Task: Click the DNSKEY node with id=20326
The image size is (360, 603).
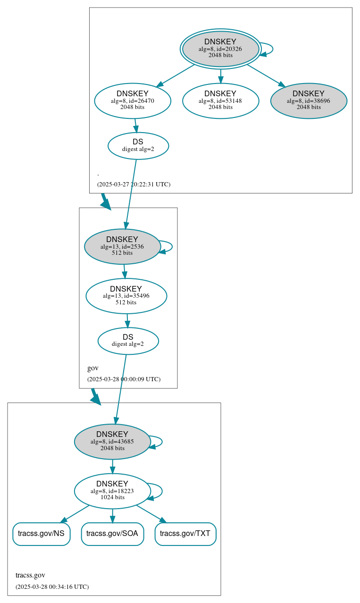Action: (220, 49)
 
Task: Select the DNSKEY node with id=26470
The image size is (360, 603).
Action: (133, 100)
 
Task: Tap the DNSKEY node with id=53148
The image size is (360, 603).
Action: (220, 100)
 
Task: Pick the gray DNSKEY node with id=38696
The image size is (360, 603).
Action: (309, 100)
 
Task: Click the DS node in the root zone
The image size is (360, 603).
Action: (138, 145)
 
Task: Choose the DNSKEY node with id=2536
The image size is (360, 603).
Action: (122, 246)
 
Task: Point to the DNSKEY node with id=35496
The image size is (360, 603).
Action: (126, 296)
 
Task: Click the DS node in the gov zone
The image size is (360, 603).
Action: (128, 341)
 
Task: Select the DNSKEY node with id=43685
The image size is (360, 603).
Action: (112, 441)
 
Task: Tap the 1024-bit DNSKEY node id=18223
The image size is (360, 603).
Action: (112, 491)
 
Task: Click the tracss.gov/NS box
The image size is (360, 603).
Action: (42, 534)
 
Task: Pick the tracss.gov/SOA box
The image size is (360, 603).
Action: (112, 534)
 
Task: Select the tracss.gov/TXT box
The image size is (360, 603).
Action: (185, 534)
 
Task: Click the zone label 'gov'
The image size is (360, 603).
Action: (93, 368)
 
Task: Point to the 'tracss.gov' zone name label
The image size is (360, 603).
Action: (30, 575)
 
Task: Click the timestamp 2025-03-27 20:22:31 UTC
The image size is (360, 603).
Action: (134, 184)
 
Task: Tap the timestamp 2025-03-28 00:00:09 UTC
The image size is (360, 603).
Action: (124, 379)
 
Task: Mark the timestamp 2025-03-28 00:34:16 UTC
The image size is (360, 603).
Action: (52, 586)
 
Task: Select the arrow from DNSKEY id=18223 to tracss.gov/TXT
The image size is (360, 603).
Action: (151, 514)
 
